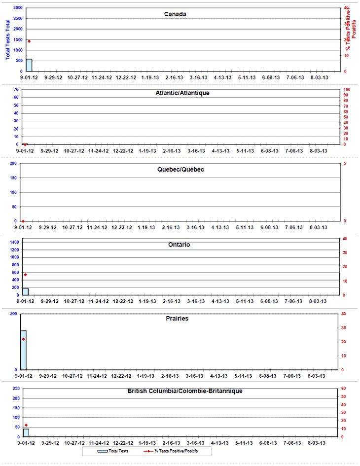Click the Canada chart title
(x=175, y=14)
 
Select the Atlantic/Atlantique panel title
(x=182, y=93)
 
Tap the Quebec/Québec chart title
(x=179, y=169)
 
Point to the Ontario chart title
(x=179, y=245)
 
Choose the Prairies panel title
(x=177, y=319)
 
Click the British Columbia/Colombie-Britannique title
(x=185, y=391)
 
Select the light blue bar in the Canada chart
(x=29, y=65)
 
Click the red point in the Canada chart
(x=29, y=41)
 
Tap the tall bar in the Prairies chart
(x=23, y=350)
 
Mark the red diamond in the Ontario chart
(x=25, y=275)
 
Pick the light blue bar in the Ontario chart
(x=25, y=291)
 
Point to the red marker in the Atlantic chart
(x=25, y=144)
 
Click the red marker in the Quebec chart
(x=23, y=221)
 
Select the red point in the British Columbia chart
(x=26, y=425)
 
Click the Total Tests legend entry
(x=113, y=451)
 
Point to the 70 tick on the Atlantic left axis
(x=16, y=89)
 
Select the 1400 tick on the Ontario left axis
(x=14, y=242)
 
